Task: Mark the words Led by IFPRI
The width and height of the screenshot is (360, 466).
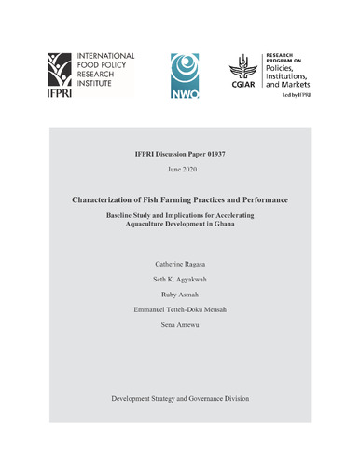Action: coord(299,100)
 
